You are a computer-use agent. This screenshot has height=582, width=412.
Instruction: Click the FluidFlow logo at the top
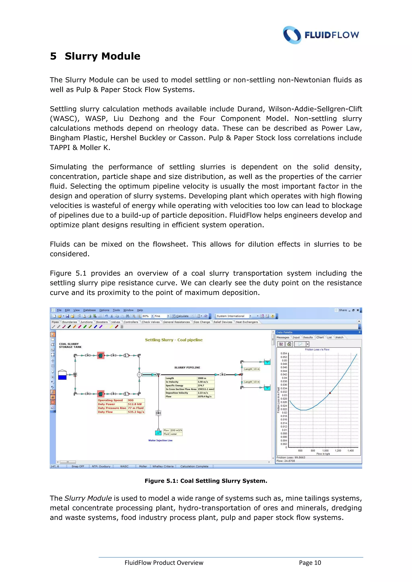tap(321, 35)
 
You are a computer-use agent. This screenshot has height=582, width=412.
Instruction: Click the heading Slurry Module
tap(102, 56)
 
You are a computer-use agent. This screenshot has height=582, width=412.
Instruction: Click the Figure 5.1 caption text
tap(206, 481)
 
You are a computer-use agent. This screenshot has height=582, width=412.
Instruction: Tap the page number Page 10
tap(310, 563)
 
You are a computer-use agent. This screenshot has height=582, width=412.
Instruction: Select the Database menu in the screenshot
tap(89, 310)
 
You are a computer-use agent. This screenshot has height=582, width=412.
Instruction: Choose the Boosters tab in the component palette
tap(102, 322)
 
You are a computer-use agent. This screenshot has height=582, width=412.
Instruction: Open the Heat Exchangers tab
tap(247, 322)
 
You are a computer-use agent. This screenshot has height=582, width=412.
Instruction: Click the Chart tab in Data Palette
tap(320, 337)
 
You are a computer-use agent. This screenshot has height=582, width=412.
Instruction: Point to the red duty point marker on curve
tap(330, 393)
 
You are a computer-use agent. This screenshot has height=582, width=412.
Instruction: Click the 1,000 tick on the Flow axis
tap(325, 451)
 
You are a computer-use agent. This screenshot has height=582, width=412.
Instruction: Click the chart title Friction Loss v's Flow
tap(317, 349)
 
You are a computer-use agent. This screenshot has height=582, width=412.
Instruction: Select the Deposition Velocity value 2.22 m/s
tap(203, 393)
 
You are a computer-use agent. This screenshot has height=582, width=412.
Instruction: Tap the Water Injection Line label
tap(160, 440)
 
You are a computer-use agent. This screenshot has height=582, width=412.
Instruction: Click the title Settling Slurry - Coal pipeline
tap(174, 340)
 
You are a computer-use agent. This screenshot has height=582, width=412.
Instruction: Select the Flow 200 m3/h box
tap(173, 430)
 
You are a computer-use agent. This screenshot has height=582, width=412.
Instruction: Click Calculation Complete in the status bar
tap(194, 466)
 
